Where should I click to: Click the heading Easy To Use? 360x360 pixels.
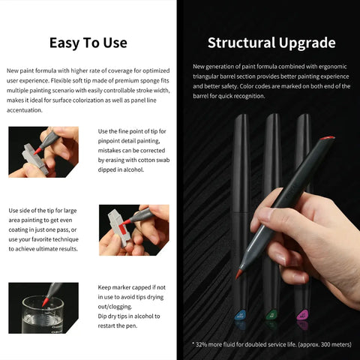pyautogui.click(x=88, y=43)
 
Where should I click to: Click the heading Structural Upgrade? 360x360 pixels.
pyautogui.click(x=271, y=43)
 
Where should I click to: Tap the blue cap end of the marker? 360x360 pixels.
pyautogui.click(x=240, y=315)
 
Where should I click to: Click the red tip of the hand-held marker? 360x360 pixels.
pyautogui.click(x=238, y=274)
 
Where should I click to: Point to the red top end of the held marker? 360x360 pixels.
pyautogui.click(x=327, y=138)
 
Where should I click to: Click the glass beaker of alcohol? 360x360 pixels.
pyautogui.click(x=43, y=316)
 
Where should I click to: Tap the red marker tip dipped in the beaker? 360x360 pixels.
pyautogui.click(x=45, y=301)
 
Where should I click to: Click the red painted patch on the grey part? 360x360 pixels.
pyautogui.click(x=122, y=229)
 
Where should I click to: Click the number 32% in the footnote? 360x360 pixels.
pyautogui.click(x=201, y=344)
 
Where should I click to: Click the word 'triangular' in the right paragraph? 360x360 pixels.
pyautogui.click(x=205, y=76)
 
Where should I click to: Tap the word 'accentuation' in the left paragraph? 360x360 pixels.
pyautogui.click(x=25, y=110)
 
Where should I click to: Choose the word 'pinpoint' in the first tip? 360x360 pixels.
pyautogui.click(x=108, y=141)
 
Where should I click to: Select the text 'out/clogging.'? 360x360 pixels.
pyautogui.click(x=115, y=307)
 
